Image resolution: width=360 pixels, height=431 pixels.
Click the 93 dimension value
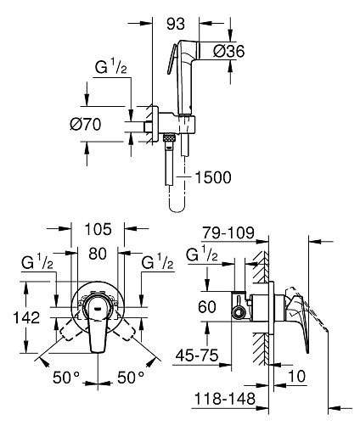[x=176, y=24]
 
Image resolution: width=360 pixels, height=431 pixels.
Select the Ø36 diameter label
[x=229, y=51]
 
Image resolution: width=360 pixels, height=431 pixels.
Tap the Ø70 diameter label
[x=86, y=124]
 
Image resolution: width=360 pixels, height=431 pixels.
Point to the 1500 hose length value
[x=213, y=177]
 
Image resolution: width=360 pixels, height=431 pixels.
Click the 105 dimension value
[x=98, y=229]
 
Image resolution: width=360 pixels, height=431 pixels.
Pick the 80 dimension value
[x=98, y=254]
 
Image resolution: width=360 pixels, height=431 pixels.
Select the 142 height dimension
[x=26, y=317]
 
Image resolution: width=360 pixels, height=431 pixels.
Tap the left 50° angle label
[x=66, y=378]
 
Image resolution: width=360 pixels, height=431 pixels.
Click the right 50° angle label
[x=131, y=378]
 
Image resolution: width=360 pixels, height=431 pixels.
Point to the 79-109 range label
[x=228, y=232]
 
